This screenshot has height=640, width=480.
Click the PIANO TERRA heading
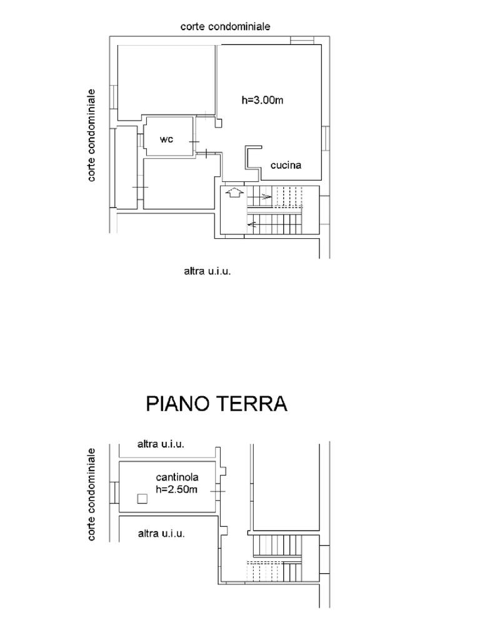point(216,404)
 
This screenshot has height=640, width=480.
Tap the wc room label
point(166,139)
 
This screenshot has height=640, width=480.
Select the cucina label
point(286,165)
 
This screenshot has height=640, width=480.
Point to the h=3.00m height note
point(262,100)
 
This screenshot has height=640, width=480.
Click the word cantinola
point(177,477)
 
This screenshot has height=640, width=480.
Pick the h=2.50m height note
point(177,489)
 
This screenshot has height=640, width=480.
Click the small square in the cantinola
point(142,498)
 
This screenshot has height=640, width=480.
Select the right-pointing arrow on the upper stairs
point(259,197)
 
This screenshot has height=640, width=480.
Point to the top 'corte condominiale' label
point(225,26)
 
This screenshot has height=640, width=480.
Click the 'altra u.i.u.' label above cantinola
point(161,444)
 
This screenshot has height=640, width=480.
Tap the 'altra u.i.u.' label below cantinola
point(161,533)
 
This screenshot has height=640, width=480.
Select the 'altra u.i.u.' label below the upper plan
point(207,271)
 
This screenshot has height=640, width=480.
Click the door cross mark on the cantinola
point(217,491)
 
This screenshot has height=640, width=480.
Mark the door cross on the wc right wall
point(194,142)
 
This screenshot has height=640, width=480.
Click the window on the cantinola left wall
point(114,494)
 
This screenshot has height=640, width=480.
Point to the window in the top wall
point(302,41)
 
